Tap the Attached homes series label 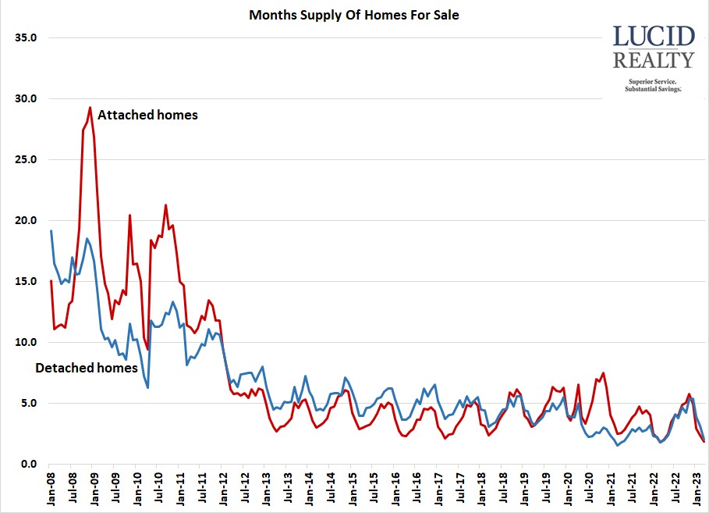(x=147, y=115)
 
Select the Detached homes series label (x=86, y=368)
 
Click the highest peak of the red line (x=90, y=108)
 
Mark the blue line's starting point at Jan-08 (x=51, y=230)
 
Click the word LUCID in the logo (x=654, y=37)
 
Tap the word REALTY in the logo (x=654, y=60)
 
